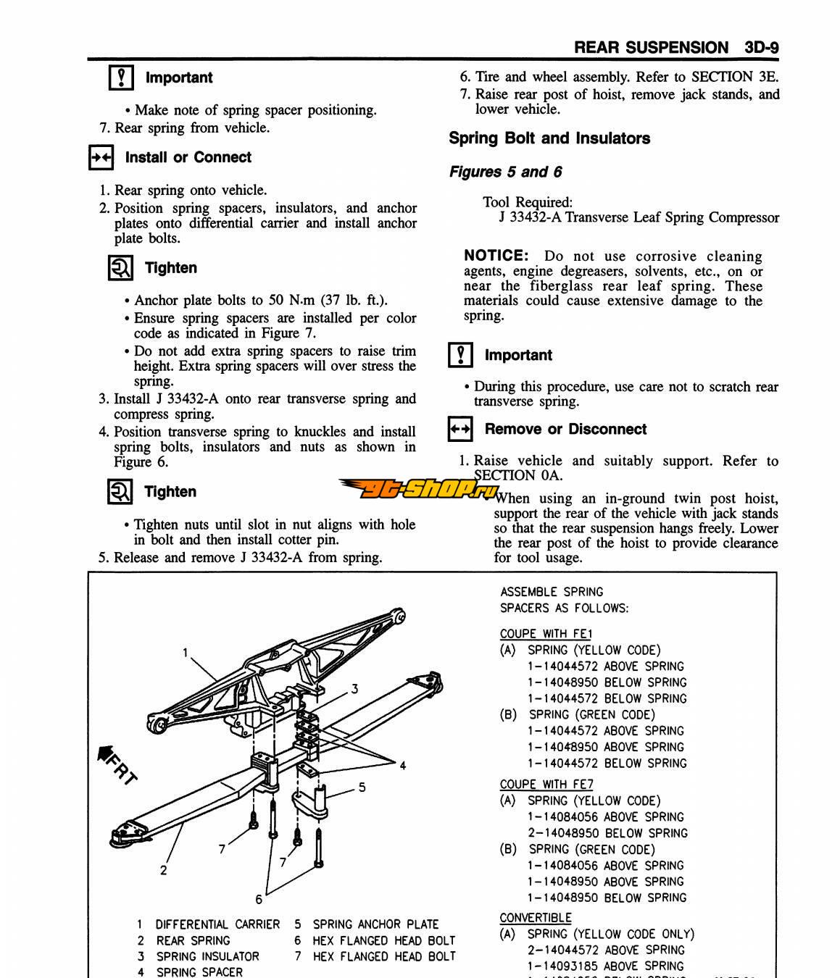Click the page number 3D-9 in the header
pos(761,48)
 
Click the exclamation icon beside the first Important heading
pos(120,77)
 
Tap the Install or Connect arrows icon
pos(100,157)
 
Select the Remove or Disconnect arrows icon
pos(460,429)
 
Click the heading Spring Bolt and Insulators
pos(549,138)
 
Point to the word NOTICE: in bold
pos(496,256)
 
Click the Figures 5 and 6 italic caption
pos(505,172)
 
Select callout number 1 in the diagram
pos(186,653)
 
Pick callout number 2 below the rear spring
pos(164,870)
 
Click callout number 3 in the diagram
pos(354,689)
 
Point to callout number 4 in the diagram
pos(402,765)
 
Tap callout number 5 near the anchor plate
pos(362,787)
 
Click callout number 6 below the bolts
pos(259,899)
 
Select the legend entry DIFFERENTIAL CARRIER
pos(217,924)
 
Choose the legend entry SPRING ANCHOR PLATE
pos(375,924)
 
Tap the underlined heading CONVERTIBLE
pos(535,918)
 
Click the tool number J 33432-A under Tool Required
pos(530,217)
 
